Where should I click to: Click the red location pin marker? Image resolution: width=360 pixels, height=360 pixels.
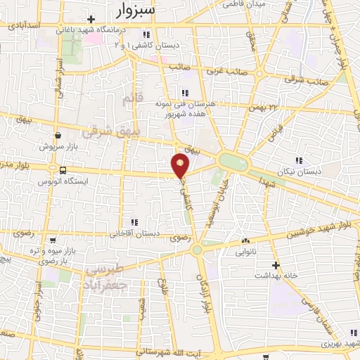tap(180, 166)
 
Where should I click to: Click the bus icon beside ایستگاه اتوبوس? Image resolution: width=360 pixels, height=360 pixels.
tap(63, 169)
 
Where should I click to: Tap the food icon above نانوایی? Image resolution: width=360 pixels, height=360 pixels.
tap(245, 240)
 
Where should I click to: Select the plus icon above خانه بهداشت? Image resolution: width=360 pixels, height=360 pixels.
tap(276, 265)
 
